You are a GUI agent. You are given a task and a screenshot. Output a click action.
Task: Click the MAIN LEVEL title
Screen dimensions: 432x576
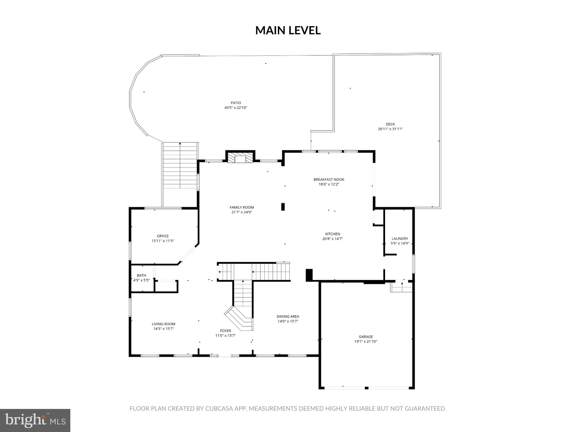[x=288, y=30]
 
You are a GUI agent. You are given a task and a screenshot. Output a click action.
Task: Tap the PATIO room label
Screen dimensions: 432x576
[x=236, y=103]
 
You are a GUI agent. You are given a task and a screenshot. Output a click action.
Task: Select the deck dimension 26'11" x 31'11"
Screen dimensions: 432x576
[x=390, y=129]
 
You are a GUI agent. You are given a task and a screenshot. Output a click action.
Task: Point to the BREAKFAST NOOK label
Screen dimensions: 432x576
[x=329, y=179]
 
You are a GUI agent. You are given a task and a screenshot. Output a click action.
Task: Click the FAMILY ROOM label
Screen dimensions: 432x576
[x=241, y=208]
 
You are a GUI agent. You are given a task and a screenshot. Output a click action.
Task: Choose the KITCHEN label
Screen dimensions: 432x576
[x=332, y=234]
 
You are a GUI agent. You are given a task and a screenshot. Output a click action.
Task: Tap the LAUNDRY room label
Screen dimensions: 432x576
[x=400, y=238]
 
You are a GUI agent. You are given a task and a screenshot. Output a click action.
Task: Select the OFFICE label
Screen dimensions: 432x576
[x=163, y=236]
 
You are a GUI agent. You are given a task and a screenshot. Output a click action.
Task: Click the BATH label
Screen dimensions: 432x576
[x=141, y=275]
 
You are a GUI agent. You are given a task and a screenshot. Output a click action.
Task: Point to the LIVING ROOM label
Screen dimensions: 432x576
[x=163, y=324]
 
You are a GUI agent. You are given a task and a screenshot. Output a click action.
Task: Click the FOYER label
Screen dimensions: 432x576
[x=225, y=331]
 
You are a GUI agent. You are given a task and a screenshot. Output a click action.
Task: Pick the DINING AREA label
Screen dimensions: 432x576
[x=288, y=316]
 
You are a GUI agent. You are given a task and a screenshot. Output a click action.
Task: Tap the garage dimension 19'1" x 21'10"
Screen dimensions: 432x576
[x=366, y=341]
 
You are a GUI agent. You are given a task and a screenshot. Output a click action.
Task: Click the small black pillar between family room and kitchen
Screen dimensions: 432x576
[x=283, y=207]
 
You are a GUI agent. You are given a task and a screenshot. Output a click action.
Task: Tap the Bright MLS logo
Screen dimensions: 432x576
[x=35, y=420]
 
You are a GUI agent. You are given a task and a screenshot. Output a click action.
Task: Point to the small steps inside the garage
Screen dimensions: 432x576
[x=401, y=287]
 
